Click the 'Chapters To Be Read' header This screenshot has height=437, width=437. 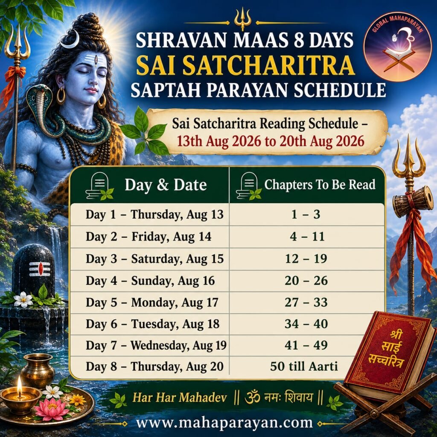pos(320,184)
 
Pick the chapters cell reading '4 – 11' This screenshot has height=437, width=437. pos(307,236)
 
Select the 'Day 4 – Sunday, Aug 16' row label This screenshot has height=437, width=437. pos(150,281)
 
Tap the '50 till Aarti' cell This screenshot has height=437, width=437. pos(304,366)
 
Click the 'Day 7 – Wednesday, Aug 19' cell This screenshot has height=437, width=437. pos(156,345)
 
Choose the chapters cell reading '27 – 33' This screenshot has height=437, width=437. pos(306,303)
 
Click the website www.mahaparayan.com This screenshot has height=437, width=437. pos(224,422)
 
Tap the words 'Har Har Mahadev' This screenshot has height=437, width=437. pos(180,397)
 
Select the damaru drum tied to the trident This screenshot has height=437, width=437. pos(413,201)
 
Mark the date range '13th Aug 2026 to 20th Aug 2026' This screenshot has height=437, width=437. pos(271,141)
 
